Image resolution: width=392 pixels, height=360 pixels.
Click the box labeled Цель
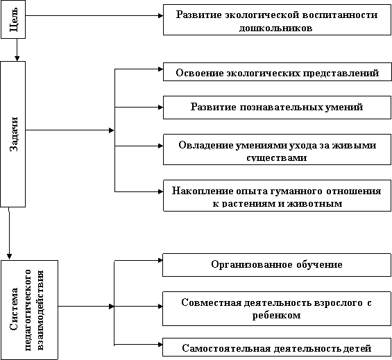(x=13, y=19)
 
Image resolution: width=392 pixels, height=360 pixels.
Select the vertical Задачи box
(x=13, y=135)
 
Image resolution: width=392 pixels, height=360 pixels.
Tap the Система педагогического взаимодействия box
(x=30, y=310)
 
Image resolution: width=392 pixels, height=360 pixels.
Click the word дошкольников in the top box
(x=275, y=28)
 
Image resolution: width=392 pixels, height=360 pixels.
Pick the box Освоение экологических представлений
(x=278, y=71)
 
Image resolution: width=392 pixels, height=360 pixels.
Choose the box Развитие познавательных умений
(x=277, y=108)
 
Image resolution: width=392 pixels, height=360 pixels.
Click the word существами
(x=277, y=157)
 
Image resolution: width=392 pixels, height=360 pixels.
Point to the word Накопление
(x=203, y=191)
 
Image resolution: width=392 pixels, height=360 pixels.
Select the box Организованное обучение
(x=277, y=265)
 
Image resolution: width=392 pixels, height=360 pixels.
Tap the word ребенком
(x=277, y=315)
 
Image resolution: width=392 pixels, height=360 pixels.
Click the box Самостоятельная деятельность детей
(x=277, y=348)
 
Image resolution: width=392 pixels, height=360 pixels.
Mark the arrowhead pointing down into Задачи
(x=17, y=58)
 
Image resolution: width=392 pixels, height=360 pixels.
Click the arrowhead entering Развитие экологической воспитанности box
(x=161, y=15)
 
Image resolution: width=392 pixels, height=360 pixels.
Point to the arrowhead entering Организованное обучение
(x=160, y=261)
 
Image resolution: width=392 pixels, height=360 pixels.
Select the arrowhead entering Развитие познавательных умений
(x=161, y=108)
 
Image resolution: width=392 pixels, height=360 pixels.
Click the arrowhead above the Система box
(x=9, y=257)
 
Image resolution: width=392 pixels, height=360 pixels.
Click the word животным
(x=315, y=204)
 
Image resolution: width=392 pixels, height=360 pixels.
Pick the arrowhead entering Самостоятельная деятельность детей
(x=160, y=345)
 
